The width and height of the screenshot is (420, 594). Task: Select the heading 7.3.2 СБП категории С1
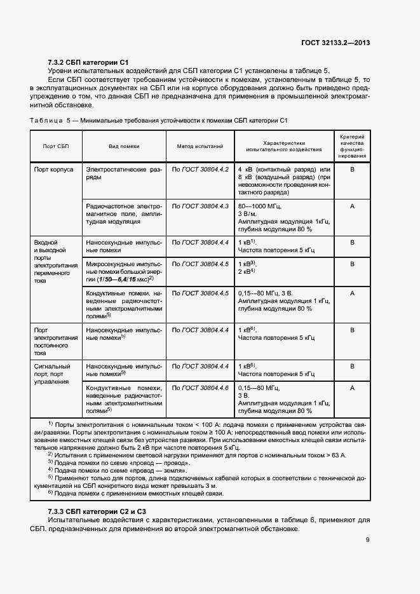click(88, 62)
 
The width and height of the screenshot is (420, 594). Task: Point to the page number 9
click(368, 540)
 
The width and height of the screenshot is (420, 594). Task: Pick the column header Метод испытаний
click(200, 146)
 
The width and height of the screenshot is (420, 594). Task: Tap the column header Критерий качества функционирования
click(352, 146)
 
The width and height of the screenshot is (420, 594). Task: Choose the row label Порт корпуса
click(54, 170)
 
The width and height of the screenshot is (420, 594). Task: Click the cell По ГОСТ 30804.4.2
click(200, 170)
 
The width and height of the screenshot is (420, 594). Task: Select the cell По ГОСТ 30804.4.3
click(200, 206)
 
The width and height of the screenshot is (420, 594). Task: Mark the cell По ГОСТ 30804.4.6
click(200, 388)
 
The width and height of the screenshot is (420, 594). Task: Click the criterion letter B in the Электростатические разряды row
click(352, 170)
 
